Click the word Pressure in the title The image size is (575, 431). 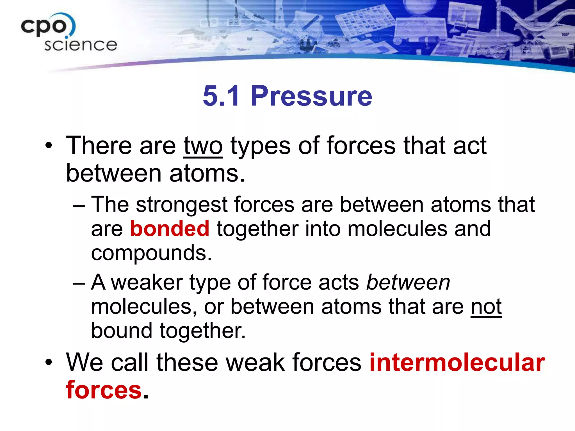[x=311, y=96]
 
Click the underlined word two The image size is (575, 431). [x=203, y=146]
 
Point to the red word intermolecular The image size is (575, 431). [x=457, y=363]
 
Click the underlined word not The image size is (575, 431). [x=486, y=306]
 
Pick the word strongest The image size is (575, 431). [x=182, y=205]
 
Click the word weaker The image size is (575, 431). [x=147, y=282]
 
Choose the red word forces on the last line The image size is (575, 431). [x=104, y=390]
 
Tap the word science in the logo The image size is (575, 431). [x=81, y=45]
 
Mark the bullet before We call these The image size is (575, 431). [x=49, y=362]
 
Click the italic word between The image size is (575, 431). [x=408, y=282]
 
